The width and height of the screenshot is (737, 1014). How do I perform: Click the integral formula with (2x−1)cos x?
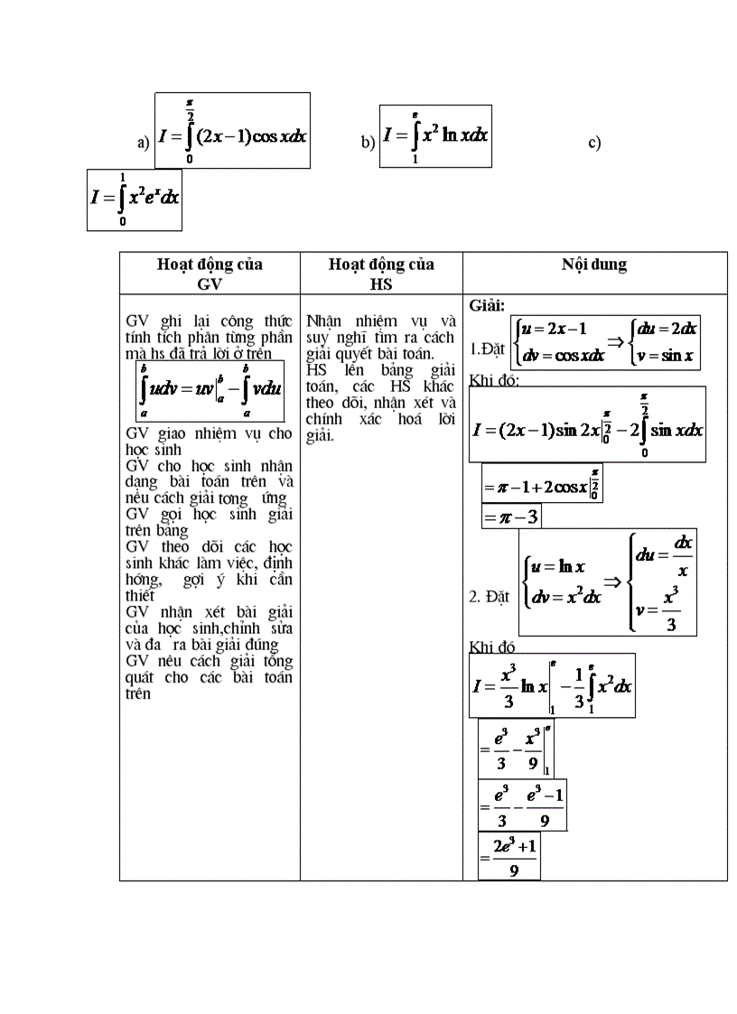(x=232, y=130)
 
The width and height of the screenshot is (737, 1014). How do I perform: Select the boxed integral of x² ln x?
(x=435, y=135)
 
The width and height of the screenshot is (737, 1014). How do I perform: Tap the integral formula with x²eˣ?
(x=135, y=200)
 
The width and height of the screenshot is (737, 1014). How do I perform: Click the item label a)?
(x=143, y=144)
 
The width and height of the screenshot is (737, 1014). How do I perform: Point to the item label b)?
(x=368, y=143)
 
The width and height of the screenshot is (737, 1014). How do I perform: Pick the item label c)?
(x=594, y=143)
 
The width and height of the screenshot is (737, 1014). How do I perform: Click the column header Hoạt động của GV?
(x=210, y=273)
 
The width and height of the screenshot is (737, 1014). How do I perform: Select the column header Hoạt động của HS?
(x=381, y=273)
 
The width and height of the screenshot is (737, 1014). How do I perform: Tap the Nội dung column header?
(x=593, y=265)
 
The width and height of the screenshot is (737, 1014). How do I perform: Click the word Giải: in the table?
(x=488, y=305)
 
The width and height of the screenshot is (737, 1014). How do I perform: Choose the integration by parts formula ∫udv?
(x=210, y=391)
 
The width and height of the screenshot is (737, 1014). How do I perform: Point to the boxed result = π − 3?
(x=511, y=516)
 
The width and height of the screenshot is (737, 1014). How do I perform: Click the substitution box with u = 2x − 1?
(x=606, y=342)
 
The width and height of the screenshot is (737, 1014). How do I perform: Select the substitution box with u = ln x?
(x=608, y=582)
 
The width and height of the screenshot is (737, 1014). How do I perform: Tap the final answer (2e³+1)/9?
(x=509, y=856)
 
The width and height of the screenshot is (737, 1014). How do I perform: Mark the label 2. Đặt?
(x=490, y=597)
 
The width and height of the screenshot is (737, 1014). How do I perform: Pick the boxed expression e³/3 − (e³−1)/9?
(x=522, y=805)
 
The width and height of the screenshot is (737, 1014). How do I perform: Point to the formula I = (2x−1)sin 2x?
(x=587, y=424)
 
